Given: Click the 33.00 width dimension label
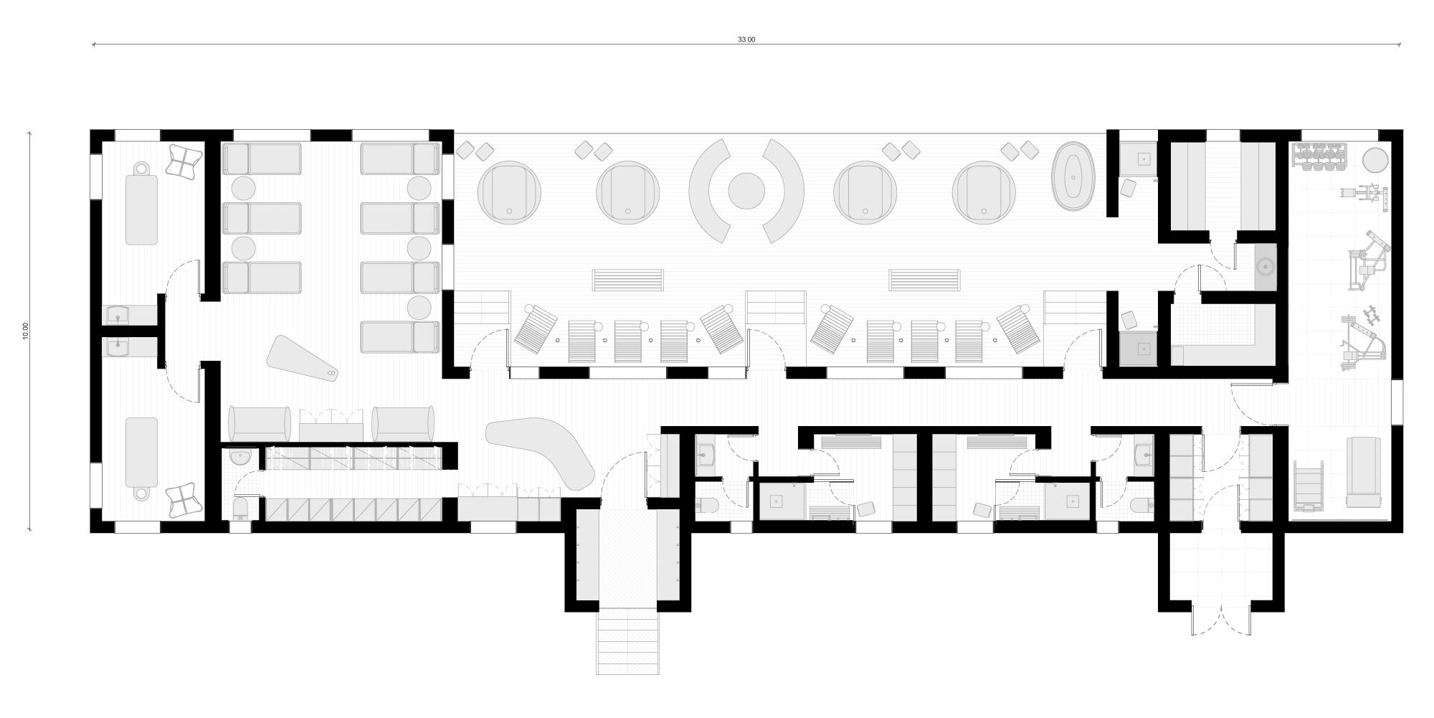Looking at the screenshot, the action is (746, 39).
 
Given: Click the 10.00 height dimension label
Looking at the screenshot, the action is (26, 331).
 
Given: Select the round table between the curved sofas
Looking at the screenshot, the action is (746, 191).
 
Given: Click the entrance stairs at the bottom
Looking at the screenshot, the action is (627, 641).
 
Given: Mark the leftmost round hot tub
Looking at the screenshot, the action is (510, 192).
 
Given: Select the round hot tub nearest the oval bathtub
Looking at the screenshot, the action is (984, 192).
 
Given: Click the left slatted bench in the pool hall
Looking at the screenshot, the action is (628, 279).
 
